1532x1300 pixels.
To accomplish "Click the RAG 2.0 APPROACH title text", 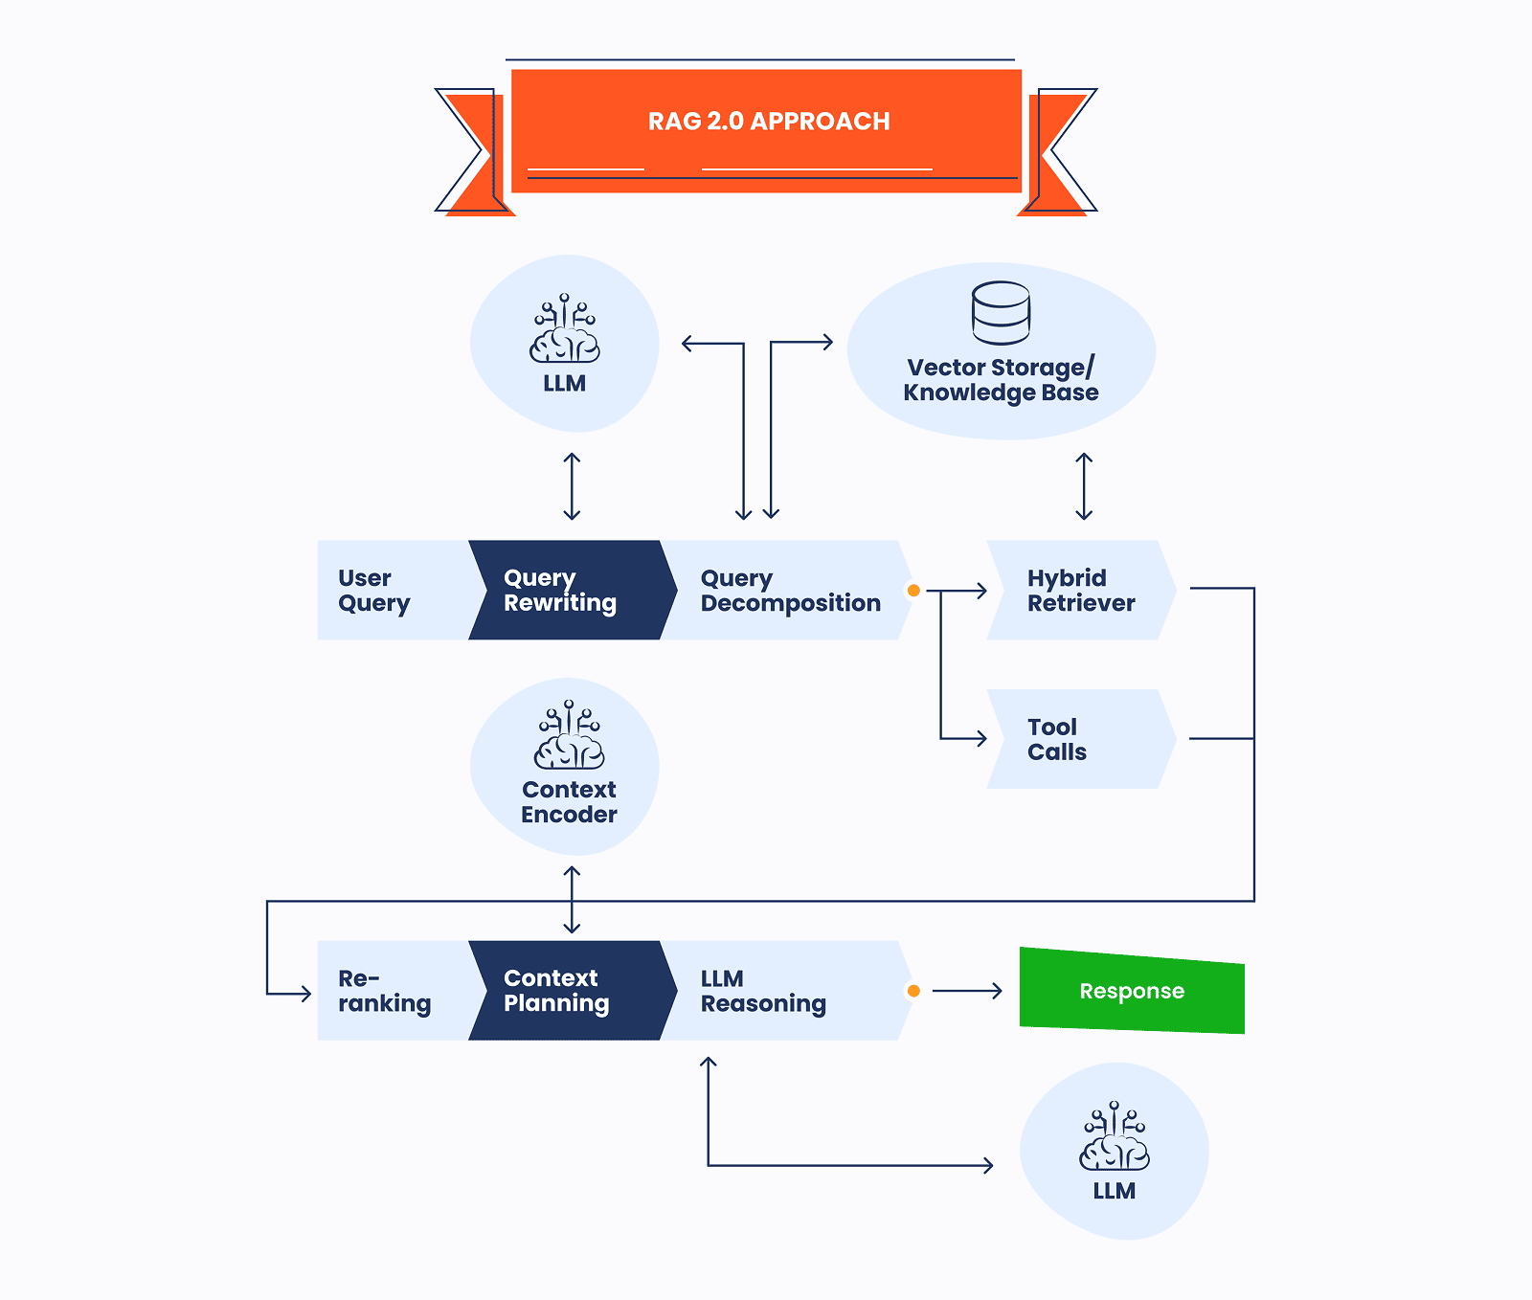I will pos(769,122).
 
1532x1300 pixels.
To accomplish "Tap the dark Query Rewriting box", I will pos(565,591).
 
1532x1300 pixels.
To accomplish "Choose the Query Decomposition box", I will pos(785,591).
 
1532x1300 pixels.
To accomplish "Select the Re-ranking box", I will pos(388,991).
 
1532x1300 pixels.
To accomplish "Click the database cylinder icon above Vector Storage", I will pos(1001,313).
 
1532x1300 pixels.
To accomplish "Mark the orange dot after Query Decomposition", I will pos(913,591).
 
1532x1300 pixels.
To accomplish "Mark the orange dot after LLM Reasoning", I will pos(913,991).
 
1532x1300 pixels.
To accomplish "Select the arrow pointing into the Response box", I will pos(967,991).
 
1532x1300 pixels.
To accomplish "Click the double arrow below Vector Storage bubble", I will pos(1084,486).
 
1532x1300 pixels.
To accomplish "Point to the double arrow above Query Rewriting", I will pos(572,486).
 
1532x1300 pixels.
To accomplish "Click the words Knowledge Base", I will pos(1001,392).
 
